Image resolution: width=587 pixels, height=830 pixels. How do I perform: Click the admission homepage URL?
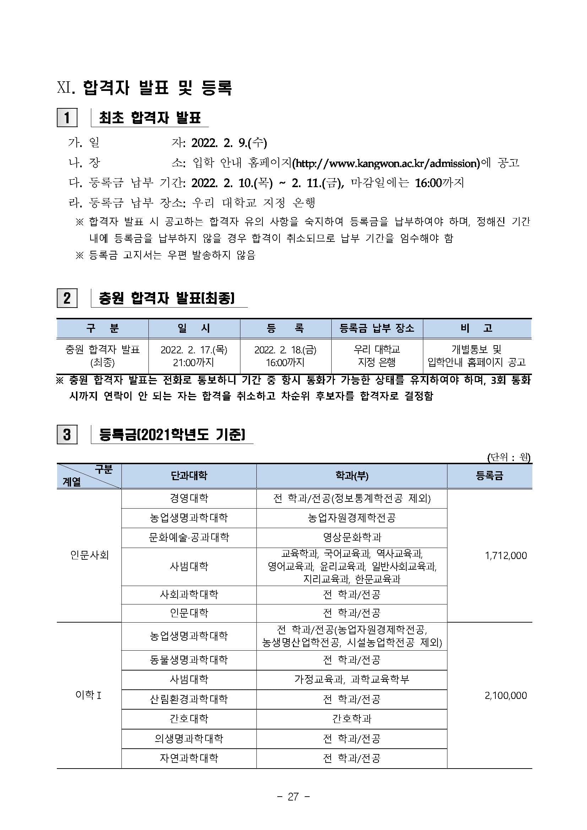pyautogui.click(x=386, y=163)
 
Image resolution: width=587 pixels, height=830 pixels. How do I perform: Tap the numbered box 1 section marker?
pyautogui.click(x=67, y=118)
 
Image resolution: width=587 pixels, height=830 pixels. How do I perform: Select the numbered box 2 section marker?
pyautogui.click(x=67, y=298)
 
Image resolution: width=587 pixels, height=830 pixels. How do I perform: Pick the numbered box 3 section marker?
pyautogui.click(x=67, y=434)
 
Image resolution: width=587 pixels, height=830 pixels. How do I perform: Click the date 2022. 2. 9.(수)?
pyautogui.click(x=229, y=143)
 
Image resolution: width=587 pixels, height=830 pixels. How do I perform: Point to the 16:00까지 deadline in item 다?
pyautogui.click(x=439, y=183)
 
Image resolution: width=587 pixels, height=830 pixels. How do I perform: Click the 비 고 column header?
pyautogui.click(x=477, y=328)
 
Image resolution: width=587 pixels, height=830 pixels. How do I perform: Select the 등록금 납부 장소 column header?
pyautogui.click(x=377, y=328)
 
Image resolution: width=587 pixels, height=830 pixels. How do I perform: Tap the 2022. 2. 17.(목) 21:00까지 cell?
pyautogui.click(x=194, y=356)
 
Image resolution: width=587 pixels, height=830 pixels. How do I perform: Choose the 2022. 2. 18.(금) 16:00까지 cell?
pyautogui.click(x=285, y=356)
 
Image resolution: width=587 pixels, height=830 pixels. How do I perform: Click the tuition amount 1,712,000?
pyautogui.click(x=506, y=555)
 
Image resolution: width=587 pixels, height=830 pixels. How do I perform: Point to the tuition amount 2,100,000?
pyautogui.click(x=506, y=695)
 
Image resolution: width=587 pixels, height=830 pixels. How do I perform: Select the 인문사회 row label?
pyautogui.click(x=89, y=555)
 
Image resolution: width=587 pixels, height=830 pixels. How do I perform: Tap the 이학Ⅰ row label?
pyautogui.click(x=88, y=695)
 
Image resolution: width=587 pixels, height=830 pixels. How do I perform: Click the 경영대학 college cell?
pyautogui.click(x=189, y=499)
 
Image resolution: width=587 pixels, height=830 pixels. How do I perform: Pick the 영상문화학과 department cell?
pyautogui.click(x=352, y=537)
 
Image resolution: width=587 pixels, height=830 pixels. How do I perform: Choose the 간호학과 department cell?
pyautogui.click(x=352, y=719)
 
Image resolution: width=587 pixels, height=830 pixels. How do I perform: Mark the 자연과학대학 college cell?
pyautogui.click(x=189, y=758)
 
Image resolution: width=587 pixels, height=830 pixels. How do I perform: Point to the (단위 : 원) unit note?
pyautogui.click(x=508, y=457)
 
